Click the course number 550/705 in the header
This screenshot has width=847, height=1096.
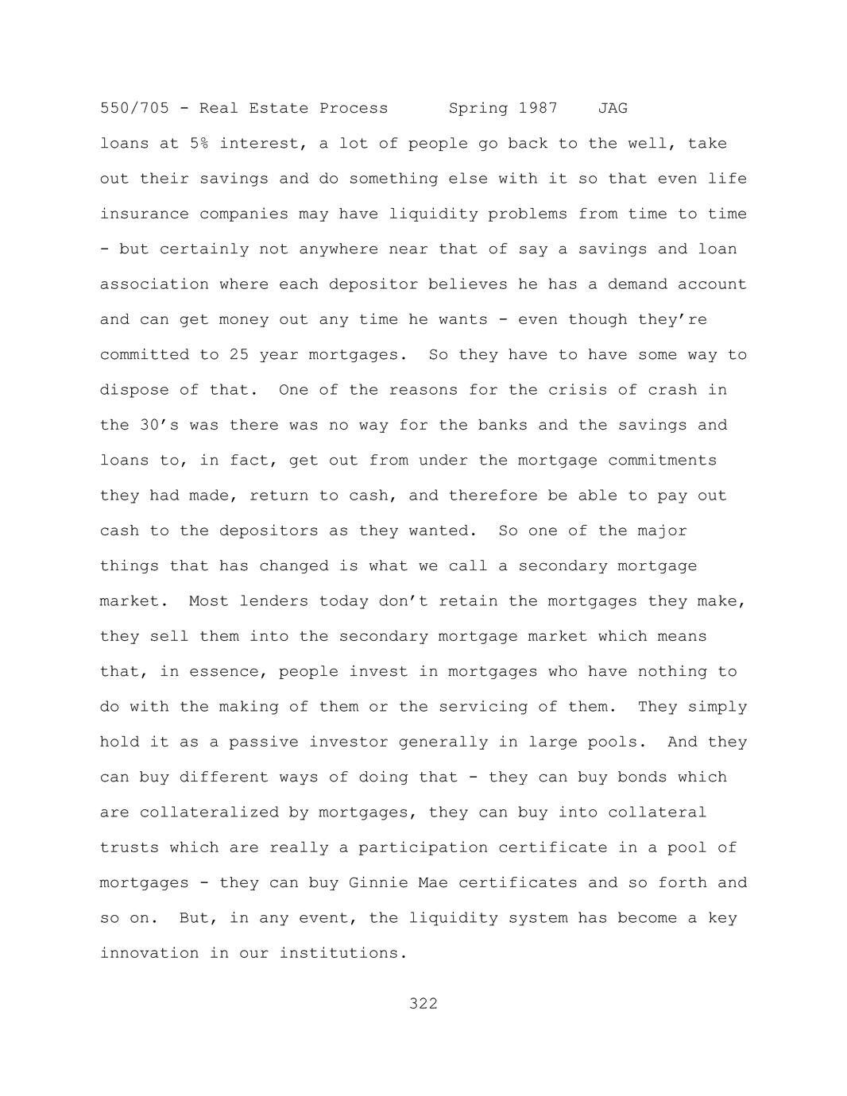(x=134, y=108)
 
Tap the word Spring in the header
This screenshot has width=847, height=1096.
(x=478, y=108)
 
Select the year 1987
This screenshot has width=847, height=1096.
(x=538, y=108)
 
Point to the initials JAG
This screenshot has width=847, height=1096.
(x=613, y=108)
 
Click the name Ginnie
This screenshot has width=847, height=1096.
(x=378, y=883)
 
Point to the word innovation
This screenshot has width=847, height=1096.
(x=149, y=953)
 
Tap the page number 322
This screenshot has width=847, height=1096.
(x=423, y=1004)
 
